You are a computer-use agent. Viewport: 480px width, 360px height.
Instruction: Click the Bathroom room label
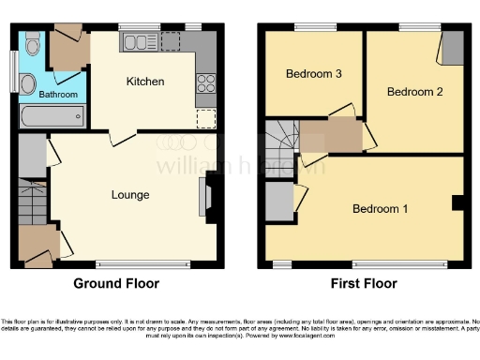pyautogui.click(x=57, y=95)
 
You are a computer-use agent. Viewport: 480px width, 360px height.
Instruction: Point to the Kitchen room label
pyautogui.click(x=145, y=82)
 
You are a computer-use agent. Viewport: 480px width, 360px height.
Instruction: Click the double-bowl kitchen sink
pyautogui.click(x=144, y=40)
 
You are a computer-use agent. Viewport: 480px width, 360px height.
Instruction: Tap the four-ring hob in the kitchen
pyautogui.click(x=205, y=82)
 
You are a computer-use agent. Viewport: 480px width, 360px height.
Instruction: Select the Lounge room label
pyautogui.click(x=130, y=195)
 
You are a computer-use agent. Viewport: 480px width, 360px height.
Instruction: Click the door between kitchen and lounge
pyautogui.click(x=120, y=138)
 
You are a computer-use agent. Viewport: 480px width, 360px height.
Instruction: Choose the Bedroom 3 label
pyautogui.click(x=313, y=74)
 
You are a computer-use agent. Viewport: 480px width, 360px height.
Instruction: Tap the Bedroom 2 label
pyautogui.click(x=413, y=92)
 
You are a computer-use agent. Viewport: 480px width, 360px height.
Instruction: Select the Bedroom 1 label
pyautogui.click(x=380, y=208)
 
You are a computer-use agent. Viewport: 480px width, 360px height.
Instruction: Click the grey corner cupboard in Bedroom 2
pyautogui.click(x=452, y=47)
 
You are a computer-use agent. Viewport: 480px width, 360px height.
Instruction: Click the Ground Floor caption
pyautogui.click(x=116, y=284)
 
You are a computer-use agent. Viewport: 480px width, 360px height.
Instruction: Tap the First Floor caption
pyautogui.click(x=363, y=284)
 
